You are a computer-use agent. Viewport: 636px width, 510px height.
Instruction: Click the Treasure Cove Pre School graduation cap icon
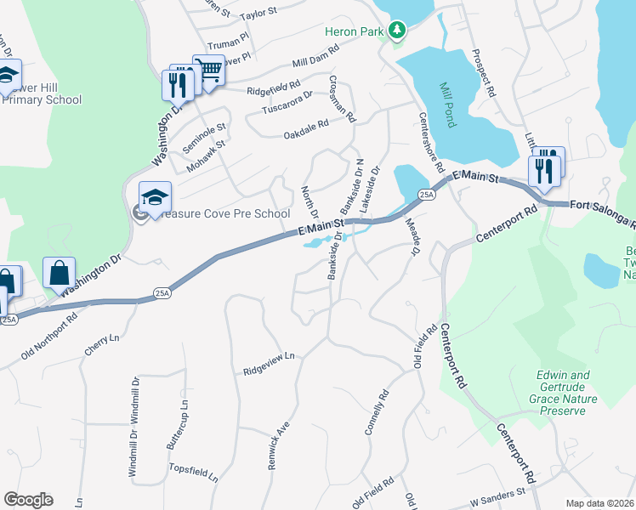155,197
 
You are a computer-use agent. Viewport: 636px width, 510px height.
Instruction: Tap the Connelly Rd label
376,413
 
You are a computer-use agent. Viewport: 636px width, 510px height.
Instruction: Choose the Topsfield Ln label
194,473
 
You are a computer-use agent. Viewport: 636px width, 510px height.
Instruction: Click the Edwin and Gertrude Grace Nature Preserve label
562,393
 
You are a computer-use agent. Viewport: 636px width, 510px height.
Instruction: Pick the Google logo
28,500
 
